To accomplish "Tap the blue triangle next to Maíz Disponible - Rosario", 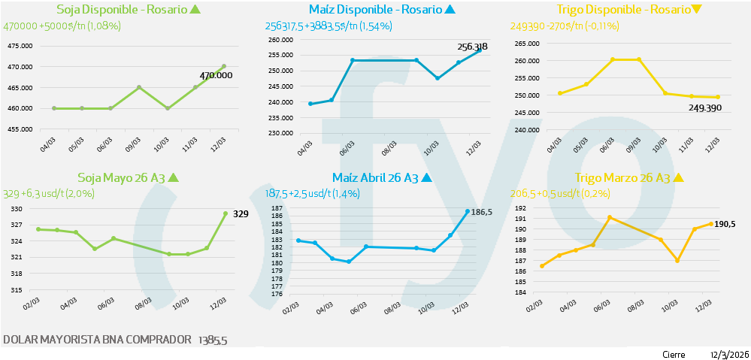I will (x=450, y=10).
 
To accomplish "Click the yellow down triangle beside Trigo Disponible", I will (x=696, y=10).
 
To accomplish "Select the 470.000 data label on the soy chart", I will (x=216, y=75).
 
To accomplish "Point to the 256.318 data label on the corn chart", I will (x=472, y=47).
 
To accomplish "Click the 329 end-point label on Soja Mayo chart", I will (x=241, y=214).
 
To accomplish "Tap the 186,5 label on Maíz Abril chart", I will (x=481, y=213).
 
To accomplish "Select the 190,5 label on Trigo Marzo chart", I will (x=726, y=224).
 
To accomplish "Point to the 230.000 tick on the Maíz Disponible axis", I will (x=280, y=134).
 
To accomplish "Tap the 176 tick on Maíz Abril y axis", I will (x=277, y=295).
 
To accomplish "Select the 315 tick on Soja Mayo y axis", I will (x=17, y=290).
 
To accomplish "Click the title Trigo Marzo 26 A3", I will (x=622, y=178).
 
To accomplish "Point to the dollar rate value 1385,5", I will (x=212, y=340).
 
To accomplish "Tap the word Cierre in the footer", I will (x=674, y=354).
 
